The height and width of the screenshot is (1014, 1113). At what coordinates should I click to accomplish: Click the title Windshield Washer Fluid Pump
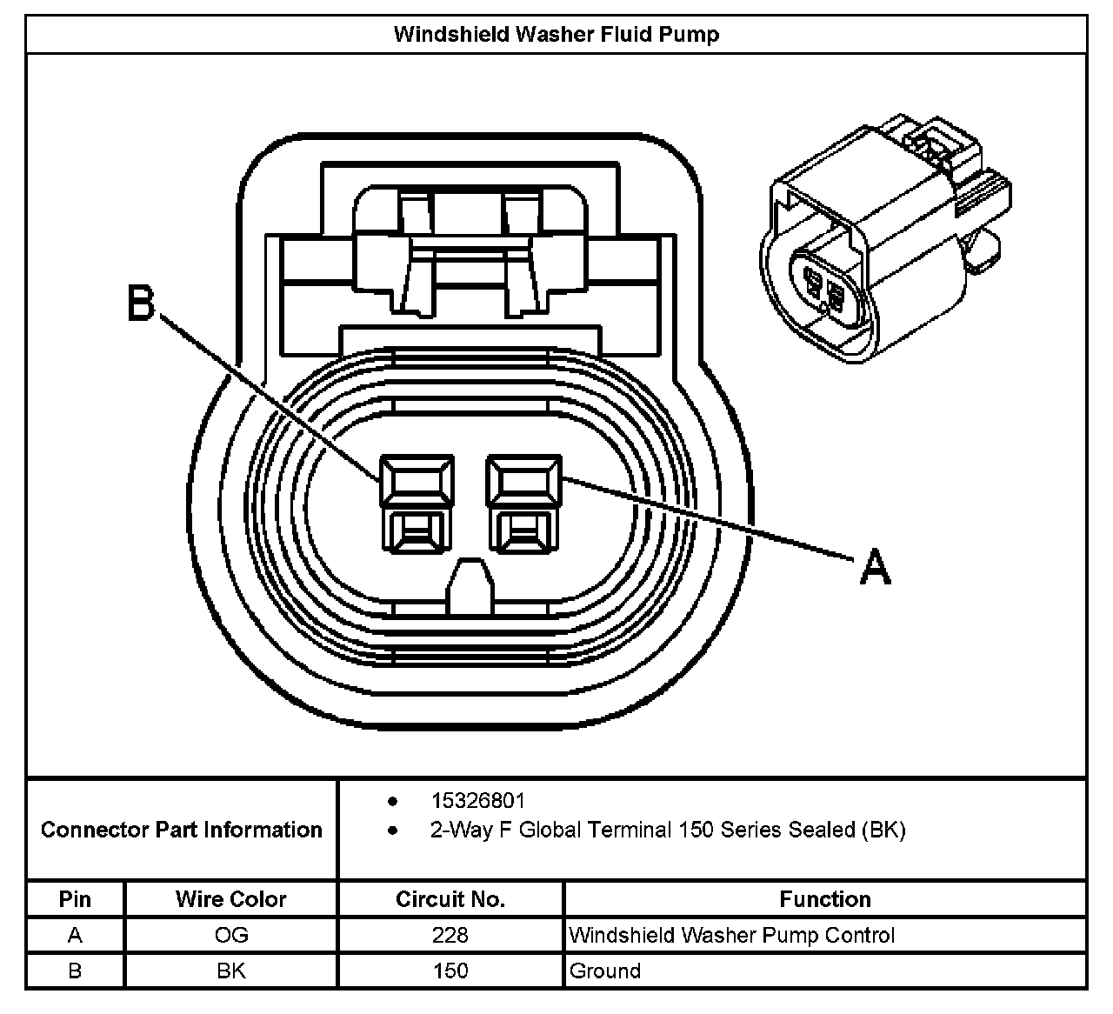(x=556, y=35)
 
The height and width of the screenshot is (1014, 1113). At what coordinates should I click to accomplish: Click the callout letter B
(x=141, y=304)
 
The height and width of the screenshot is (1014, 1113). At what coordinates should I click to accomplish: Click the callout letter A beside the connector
(x=875, y=569)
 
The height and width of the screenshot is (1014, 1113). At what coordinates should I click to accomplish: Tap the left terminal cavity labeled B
(x=417, y=504)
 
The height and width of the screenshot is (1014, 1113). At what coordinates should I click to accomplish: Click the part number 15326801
(x=477, y=800)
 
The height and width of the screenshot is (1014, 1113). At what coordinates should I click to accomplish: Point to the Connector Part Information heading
(x=181, y=830)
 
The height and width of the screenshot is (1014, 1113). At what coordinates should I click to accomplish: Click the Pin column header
(x=75, y=899)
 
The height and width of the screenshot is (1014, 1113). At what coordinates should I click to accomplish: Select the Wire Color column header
(x=230, y=899)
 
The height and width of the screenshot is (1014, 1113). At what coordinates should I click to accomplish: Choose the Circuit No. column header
(x=450, y=899)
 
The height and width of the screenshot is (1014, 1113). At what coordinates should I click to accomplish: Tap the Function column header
(x=824, y=899)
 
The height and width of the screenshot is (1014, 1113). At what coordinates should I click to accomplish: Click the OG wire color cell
(x=230, y=935)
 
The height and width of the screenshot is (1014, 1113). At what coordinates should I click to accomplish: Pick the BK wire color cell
(x=230, y=971)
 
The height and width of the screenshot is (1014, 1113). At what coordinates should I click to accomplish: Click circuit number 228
(x=450, y=935)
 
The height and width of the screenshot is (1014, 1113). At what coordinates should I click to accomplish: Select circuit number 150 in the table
(x=450, y=971)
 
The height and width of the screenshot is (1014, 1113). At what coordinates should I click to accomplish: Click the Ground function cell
(x=605, y=971)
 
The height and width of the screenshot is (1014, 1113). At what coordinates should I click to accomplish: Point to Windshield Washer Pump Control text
(x=731, y=935)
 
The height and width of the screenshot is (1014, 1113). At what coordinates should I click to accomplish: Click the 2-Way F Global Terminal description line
(x=667, y=830)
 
